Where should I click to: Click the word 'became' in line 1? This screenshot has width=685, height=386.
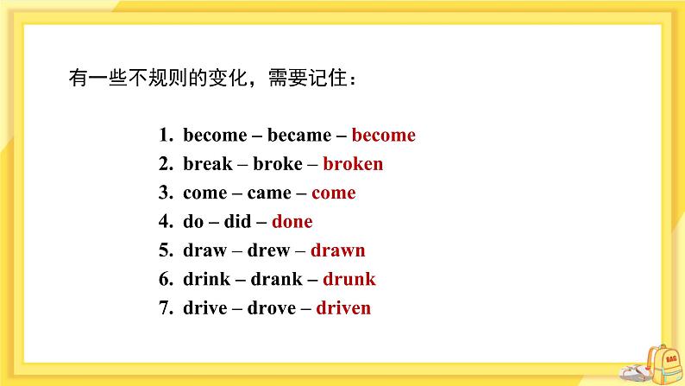[x=299, y=136]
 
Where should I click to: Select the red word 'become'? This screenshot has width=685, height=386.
[x=383, y=136]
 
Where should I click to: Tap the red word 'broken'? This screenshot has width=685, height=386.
[x=353, y=164]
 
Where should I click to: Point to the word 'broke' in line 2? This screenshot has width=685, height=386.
[x=277, y=164]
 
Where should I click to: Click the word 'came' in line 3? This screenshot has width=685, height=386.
[x=269, y=193]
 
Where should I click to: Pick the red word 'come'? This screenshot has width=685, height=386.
[x=333, y=193]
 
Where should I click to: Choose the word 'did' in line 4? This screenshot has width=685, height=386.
[x=237, y=222]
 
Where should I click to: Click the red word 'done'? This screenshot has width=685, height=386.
[x=292, y=222]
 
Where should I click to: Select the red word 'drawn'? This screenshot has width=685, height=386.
[x=337, y=250]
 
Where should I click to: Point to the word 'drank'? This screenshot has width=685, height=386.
[x=275, y=279]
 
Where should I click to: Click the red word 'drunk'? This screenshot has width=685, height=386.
[x=349, y=279]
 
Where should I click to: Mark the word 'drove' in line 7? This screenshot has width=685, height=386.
[x=273, y=308]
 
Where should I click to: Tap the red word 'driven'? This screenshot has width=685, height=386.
[x=343, y=308]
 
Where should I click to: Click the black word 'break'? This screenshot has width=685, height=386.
[x=208, y=164]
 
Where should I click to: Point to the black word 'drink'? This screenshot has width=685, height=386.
[x=206, y=279]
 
